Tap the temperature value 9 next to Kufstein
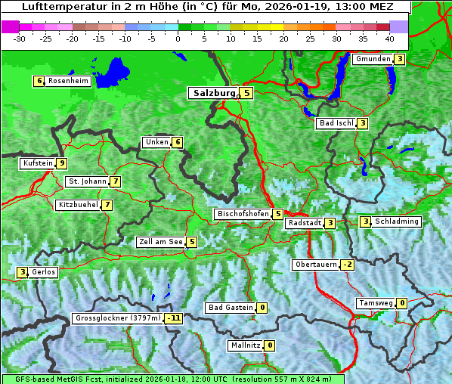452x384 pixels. pyautogui.click(x=62, y=163)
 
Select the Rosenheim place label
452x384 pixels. pyautogui.click(x=68, y=81)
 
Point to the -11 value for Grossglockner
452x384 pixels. pyautogui.click(x=174, y=318)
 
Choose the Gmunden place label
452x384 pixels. pyautogui.click(x=373, y=59)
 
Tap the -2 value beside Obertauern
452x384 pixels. pyautogui.click(x=346, y=265)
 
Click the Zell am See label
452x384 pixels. pyautogui.click(x=160, y=242)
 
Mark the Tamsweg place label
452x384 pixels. pyautogui.click(x=376, y=303)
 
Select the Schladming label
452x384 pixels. pyautogui.click(x=397, y=221)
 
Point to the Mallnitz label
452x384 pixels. pyautogui.click(x=245, y=345)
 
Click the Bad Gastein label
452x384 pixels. pyautogui.click(x=231, y=308)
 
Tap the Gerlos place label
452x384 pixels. pyautogui.click(x=44, y=272)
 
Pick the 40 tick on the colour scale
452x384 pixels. pyautogui.click(x=389, y=38)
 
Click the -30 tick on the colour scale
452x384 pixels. pyautogui.click(x=20, y=38)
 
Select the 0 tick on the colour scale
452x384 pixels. pyautogui.click(x=178, y=38)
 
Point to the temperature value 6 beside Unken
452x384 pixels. pyautogui.click(x=177, y=142)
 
